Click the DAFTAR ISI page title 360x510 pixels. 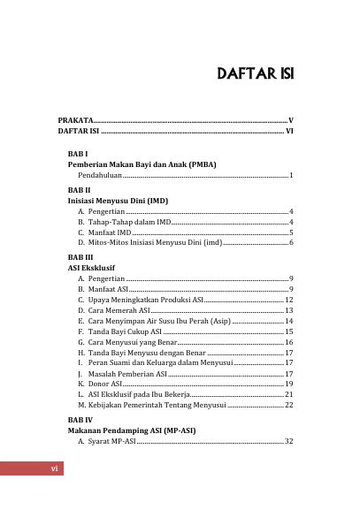click(x=256, y=73)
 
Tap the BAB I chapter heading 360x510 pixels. click(x=78, y=154)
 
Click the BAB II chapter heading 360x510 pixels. click(x=79, y=189)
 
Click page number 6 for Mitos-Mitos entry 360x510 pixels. click(x=291, y=241)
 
